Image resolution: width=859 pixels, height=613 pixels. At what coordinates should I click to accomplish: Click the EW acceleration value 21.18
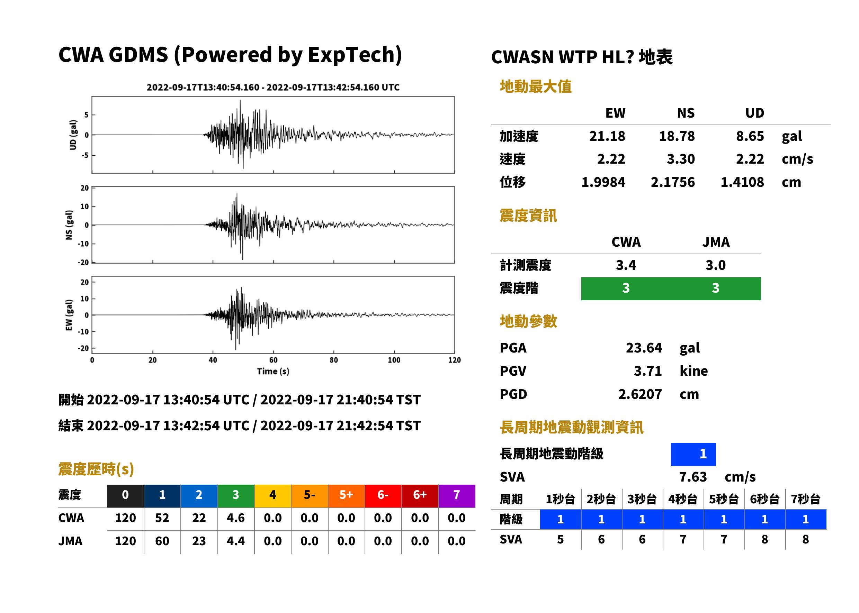(607, 136)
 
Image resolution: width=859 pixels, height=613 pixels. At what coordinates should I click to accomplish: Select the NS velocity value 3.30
(680, 159)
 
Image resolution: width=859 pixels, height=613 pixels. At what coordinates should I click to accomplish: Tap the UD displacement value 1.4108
(742, 182)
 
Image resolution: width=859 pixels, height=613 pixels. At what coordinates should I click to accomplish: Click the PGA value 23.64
(644, 348)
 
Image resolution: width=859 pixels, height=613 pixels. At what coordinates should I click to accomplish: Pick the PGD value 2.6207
(640, 394)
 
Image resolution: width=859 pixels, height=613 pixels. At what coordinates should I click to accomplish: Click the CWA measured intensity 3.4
(626, 265)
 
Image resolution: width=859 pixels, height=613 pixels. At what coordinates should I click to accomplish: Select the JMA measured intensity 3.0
(715, 265)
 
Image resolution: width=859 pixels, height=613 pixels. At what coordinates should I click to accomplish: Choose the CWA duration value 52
(162, 518)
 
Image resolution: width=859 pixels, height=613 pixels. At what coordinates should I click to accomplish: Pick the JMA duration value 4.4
(236, 541)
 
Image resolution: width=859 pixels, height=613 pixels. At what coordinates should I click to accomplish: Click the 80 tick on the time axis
(333, 360)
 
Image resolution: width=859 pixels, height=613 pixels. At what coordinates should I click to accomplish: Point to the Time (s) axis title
(273, 372)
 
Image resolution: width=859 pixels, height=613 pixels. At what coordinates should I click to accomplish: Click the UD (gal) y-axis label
(73, 135)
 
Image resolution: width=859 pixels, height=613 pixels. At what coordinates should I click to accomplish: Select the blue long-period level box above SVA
(693, 454)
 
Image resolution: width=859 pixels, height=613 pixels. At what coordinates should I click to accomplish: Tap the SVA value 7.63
(693, 477)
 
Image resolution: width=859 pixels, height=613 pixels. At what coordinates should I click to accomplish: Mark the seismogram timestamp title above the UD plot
(273, 87)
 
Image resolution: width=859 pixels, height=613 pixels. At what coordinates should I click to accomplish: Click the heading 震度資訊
(528, 216)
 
